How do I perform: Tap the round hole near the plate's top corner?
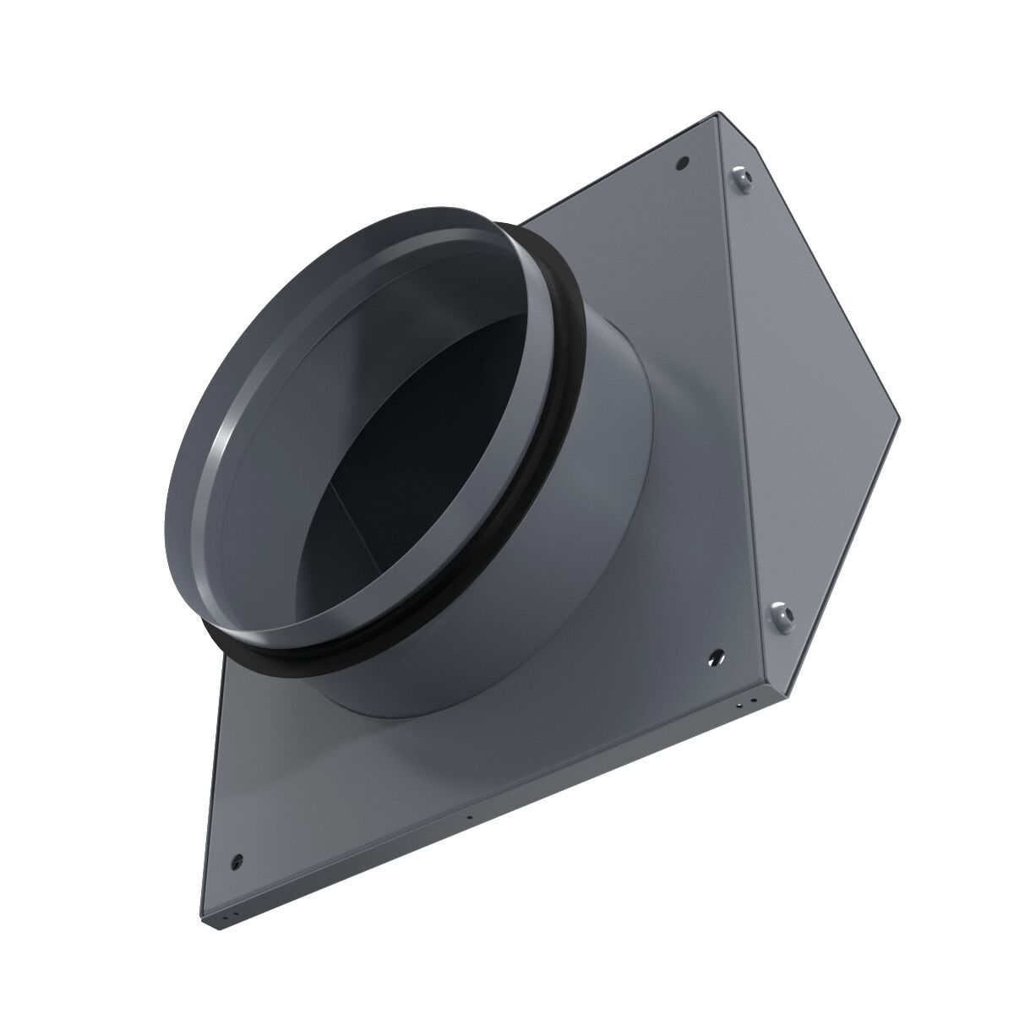click(x=683, y=161)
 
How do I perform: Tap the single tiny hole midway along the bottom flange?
click(x=467, y=816)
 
